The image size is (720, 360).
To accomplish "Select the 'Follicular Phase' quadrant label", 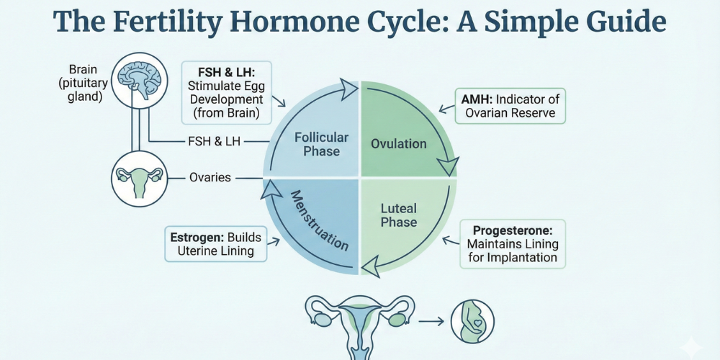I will [321, 144].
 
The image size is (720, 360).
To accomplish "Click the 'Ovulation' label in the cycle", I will [399, 144].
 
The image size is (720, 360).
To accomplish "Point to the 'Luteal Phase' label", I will [398, 215].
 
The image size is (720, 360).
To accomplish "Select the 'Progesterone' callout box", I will [513, 244].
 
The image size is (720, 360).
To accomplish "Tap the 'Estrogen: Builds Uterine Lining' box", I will [216, 243].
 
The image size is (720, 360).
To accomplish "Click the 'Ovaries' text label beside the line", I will [210, 177].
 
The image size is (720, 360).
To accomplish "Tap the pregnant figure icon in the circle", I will [472, 321].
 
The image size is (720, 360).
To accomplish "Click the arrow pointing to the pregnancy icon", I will [432, 321].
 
